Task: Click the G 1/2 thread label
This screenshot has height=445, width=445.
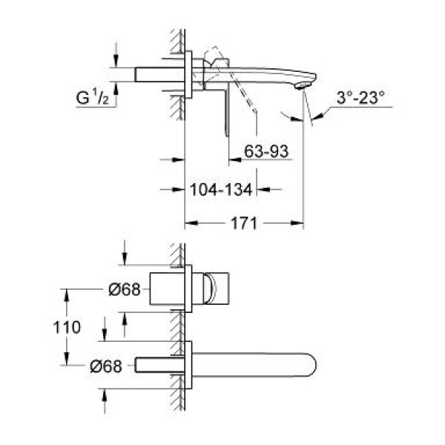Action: pos(96,96)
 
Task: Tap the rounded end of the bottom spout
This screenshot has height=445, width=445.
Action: pos(315,364)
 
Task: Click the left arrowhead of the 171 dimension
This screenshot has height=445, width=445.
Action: pos(188,222)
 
